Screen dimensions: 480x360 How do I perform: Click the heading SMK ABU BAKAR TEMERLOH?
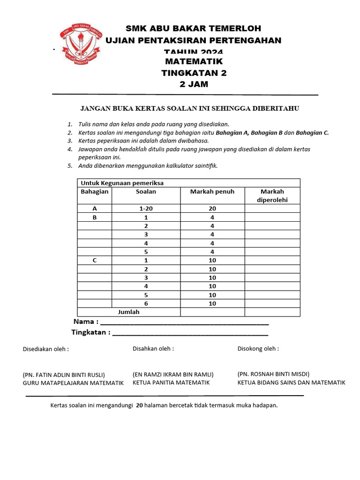tap(194, 29)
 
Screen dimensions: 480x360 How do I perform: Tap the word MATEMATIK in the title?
tap(194, 61)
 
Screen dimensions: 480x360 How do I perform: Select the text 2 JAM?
tap(194, 84)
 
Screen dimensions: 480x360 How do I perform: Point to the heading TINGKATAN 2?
tap(194, 73)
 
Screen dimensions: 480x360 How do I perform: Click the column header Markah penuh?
tap(212, 191)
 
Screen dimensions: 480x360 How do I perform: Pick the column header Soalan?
tap(146, 191)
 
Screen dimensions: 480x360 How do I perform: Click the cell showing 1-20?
tap(146, 209)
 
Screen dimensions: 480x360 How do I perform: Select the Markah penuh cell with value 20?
tap(212, 209)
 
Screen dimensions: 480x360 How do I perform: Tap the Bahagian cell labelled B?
tap(95, 217)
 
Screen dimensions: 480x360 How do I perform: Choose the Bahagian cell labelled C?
tap(95, 260)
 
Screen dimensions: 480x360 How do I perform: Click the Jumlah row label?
tap(128, 312)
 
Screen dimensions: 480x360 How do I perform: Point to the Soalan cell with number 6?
tap(146, 303)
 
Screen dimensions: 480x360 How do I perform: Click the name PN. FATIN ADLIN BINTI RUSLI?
tap(64, 375)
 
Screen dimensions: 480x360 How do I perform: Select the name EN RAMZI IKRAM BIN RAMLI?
tap(173, 375)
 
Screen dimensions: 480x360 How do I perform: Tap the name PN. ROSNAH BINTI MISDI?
tap(273, 374)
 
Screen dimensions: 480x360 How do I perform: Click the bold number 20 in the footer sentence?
tap(139, 405)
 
